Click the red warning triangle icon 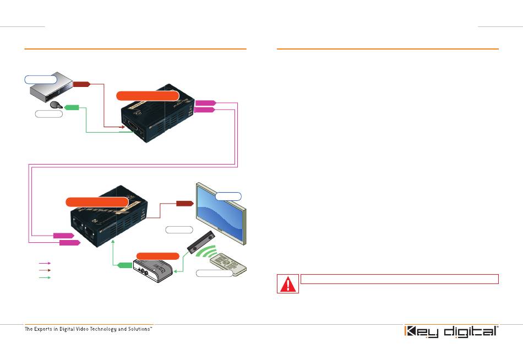(288, 283)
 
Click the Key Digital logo (451, 332)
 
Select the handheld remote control (228, 263)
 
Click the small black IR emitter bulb (55, 105)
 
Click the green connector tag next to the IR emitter (71, 107)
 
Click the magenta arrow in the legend (45, 264)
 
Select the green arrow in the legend (45, 277)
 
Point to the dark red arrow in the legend (45, 270)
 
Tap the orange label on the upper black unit (147, 96)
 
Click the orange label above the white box (158, 256)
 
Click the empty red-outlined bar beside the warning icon (399, 279)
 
